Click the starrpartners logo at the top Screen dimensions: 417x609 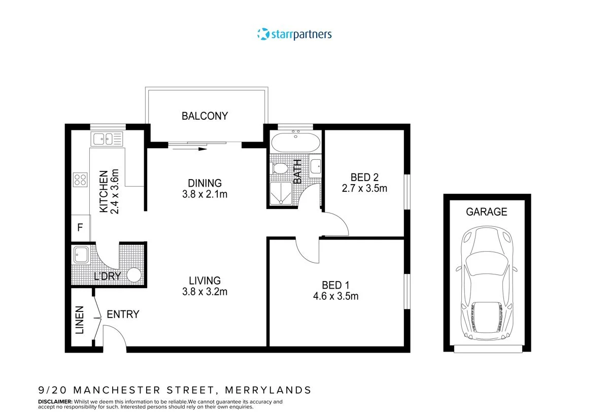pyautogui.click(x=294, y=34)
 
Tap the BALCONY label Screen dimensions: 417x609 pyautogui.click(x=205, y=116)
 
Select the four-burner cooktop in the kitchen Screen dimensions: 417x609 pyautogui.click(x=80, y=180)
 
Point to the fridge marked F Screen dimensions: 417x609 pyautogui.click(x=80, y=228)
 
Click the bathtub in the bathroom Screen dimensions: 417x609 pyautogui.click(x=295, y=142)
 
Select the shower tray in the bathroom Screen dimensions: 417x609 pyautogui.click(x=279, y=194)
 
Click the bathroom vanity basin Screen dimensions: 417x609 pyautogui.click(x=315, y=166)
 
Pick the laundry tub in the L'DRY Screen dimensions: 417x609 pyautogui.click(x=81, y=255)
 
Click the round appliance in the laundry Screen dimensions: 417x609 pyautogui.click(x=133, y=275)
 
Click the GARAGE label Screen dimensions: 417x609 pyautogui.click(x=487, y=212)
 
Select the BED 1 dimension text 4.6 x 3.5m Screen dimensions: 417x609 pyautogui.click(x=335, y=296)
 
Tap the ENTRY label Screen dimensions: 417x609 pyautogui.click(x=123, y=315)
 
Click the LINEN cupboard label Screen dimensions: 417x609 pyautogui.click(x=80, y=320)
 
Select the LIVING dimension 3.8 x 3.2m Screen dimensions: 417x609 pyautogui.click(x=205, y=292)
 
